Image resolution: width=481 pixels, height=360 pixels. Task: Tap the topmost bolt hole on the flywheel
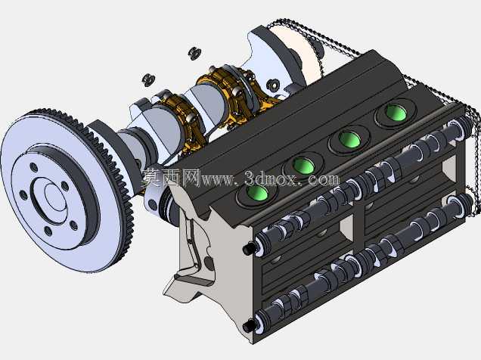tap(34, 168)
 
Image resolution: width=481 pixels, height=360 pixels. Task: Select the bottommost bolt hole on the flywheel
tap(48, 231)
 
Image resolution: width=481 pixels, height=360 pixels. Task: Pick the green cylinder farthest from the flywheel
tap(396, 112)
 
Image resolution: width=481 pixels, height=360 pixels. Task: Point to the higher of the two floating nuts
tap(194, 53)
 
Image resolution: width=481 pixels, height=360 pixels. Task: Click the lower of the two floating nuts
tap(148, 79)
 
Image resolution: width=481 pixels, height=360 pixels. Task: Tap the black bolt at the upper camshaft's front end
tap(249, 248)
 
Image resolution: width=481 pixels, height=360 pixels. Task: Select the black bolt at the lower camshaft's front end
tap(249, 326)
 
